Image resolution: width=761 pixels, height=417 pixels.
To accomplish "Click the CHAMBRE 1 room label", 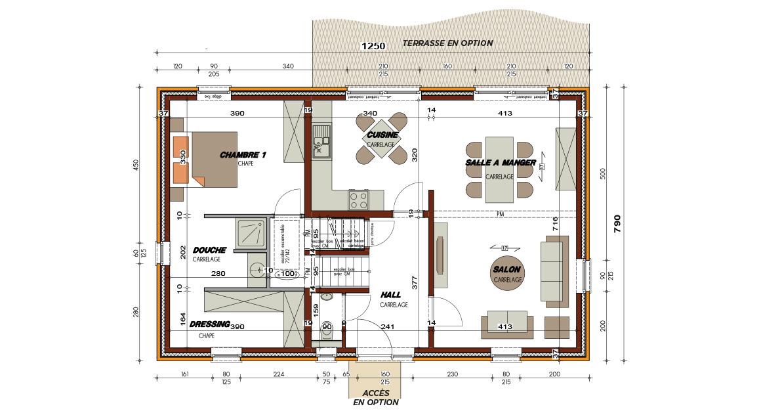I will [x=243, y=155].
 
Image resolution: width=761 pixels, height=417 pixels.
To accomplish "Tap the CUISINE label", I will [x=382, y=135].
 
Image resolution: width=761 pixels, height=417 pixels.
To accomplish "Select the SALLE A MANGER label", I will [x=501, y=162].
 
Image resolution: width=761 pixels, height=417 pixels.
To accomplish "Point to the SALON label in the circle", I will [x=508, y=270].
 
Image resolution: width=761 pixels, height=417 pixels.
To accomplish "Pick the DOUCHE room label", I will [x=210, y=250].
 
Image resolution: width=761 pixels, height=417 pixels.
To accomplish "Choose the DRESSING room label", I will [x=209, y=324].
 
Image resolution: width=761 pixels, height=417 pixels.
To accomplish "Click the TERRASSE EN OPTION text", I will [x=447, y=43].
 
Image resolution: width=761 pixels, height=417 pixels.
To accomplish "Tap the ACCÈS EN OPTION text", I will [x=376, y=397].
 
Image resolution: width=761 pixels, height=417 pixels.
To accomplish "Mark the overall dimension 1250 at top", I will [x=373, y=46].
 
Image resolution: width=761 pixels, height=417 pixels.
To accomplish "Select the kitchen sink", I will [x=321, y=141].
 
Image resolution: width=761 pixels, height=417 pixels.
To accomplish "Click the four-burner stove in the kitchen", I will [x=358, y=198].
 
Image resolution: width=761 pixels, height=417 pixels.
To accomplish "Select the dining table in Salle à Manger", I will [x=499, y=169].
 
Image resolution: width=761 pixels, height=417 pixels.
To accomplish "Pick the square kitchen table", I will [x=381, y=138].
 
